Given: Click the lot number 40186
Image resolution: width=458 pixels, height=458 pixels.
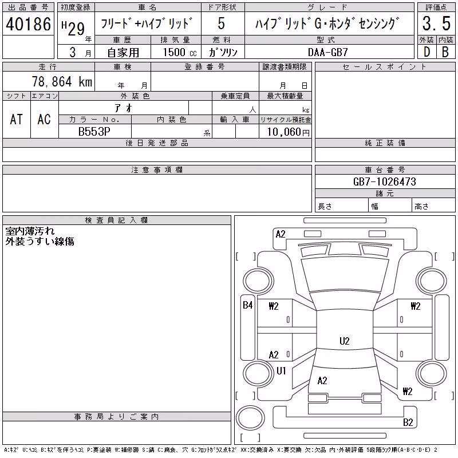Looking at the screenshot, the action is click(x=28, y=23).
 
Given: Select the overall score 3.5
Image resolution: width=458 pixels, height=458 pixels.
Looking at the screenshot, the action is click(x=436, y=23).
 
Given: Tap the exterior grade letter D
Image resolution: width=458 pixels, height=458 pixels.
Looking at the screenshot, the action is click(x=427, y=52).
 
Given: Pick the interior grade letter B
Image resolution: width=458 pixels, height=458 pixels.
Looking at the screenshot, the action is click(x=445, y=52).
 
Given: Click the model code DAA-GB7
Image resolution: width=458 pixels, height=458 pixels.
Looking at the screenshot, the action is click(x=328, y=52).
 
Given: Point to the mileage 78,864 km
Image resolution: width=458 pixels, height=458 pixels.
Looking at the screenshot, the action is click(x=62, y=81).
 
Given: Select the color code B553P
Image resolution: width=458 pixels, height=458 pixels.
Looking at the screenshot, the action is click(x=94, y=132).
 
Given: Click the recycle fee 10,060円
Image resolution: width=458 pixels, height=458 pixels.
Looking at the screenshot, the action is click(x=288, y=132).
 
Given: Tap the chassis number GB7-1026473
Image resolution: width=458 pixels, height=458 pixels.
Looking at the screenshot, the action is click(x=384, y=181).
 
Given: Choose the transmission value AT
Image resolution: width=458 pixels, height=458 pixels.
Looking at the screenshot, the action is click(x=16, y=119).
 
